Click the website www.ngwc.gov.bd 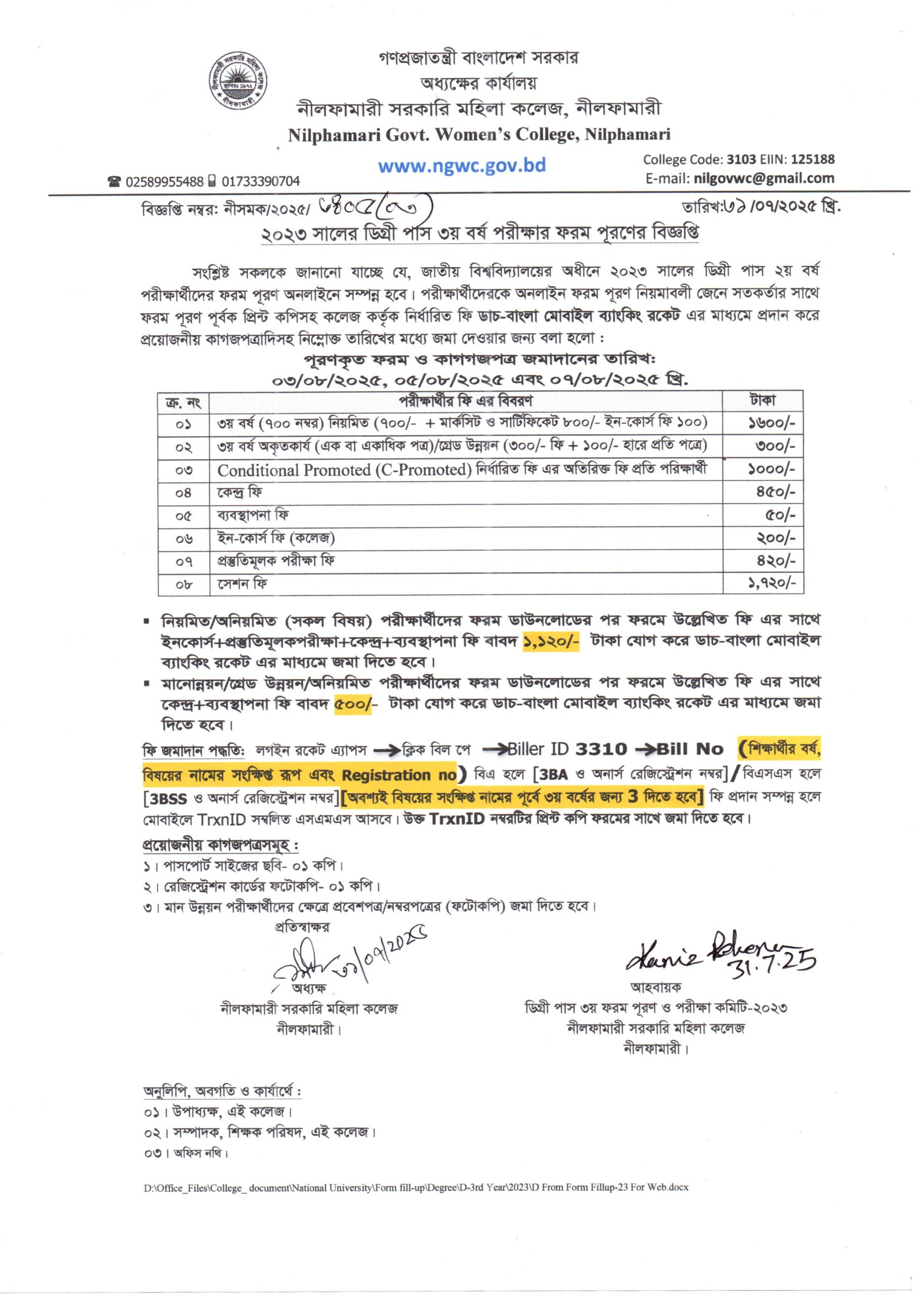462,166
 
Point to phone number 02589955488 164,182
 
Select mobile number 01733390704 260,182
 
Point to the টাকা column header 762,400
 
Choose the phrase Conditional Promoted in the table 294,470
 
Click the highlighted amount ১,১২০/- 551,641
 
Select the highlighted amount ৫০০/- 353,704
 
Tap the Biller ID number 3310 601,749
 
